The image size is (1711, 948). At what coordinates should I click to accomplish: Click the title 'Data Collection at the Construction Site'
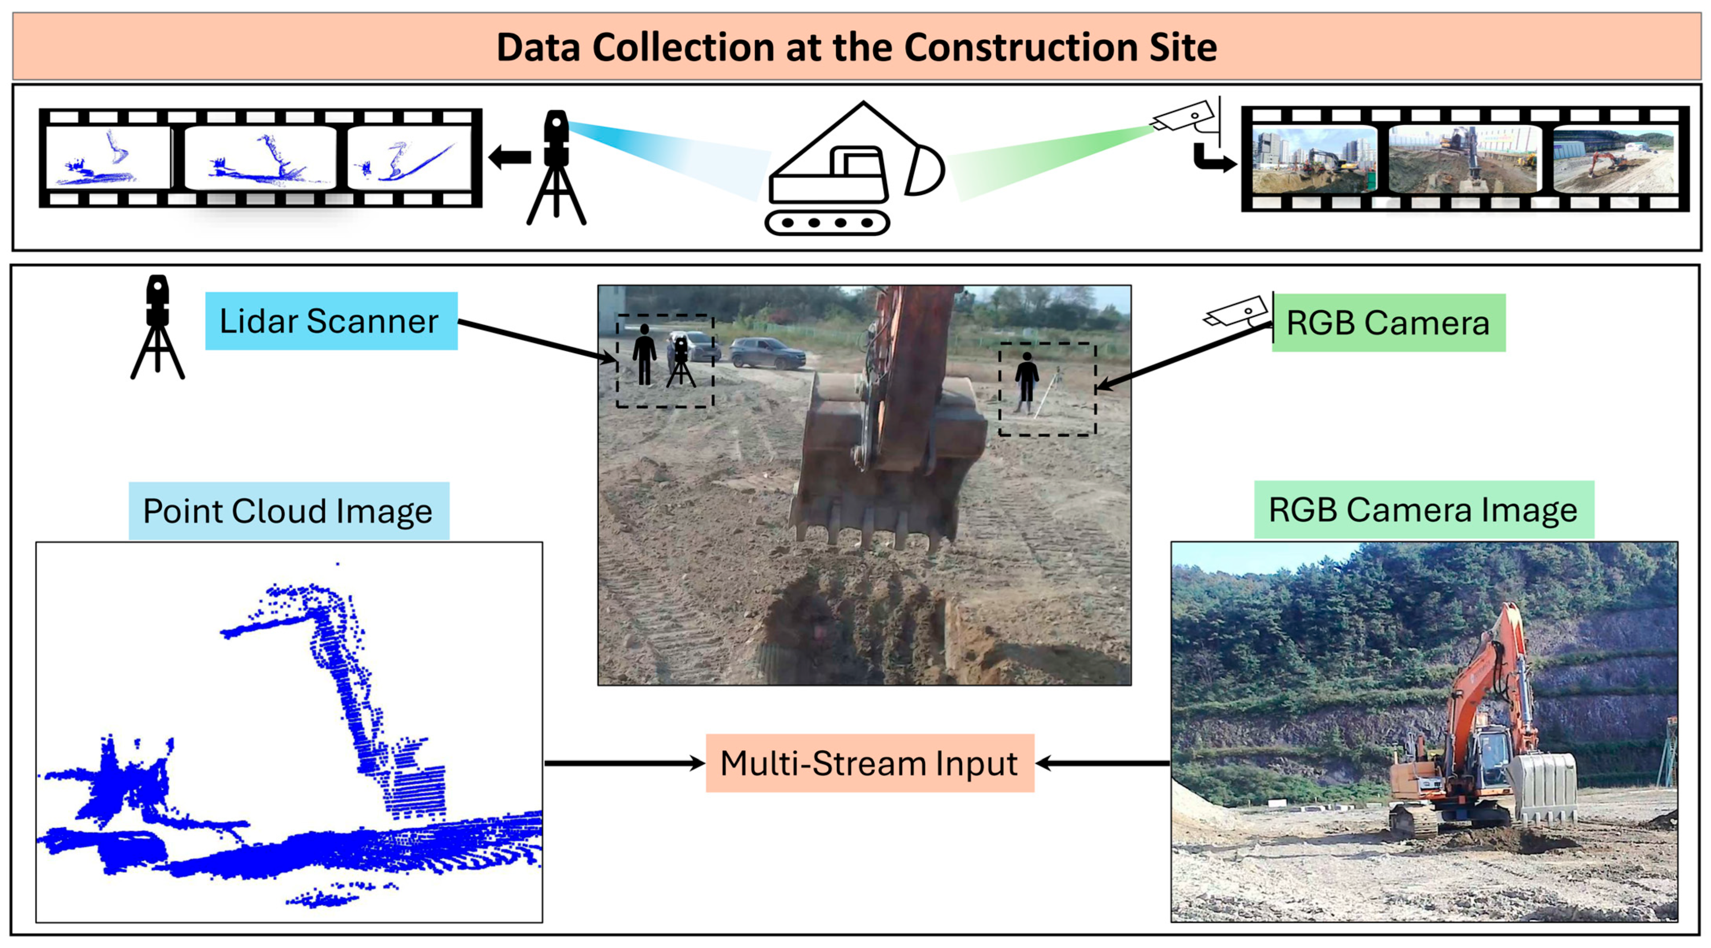coord(856,47)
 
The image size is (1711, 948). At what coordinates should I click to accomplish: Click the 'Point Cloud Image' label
coord(288,511)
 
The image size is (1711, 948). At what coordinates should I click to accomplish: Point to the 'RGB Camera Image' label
coord(1423,509)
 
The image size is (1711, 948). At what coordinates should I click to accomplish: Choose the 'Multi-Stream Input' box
coord(869,763)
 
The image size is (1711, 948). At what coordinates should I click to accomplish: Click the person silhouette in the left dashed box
coord(644,354)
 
